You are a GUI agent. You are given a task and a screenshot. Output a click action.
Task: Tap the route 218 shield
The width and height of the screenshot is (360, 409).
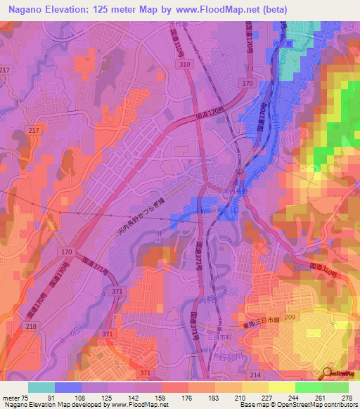point(30,327)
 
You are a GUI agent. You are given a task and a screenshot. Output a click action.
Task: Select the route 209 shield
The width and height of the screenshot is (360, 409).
point(290,318)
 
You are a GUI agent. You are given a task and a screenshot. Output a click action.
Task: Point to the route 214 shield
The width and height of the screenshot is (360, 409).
point(255,376)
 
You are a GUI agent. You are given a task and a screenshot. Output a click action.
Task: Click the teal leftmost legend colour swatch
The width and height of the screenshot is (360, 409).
point(41,387)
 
